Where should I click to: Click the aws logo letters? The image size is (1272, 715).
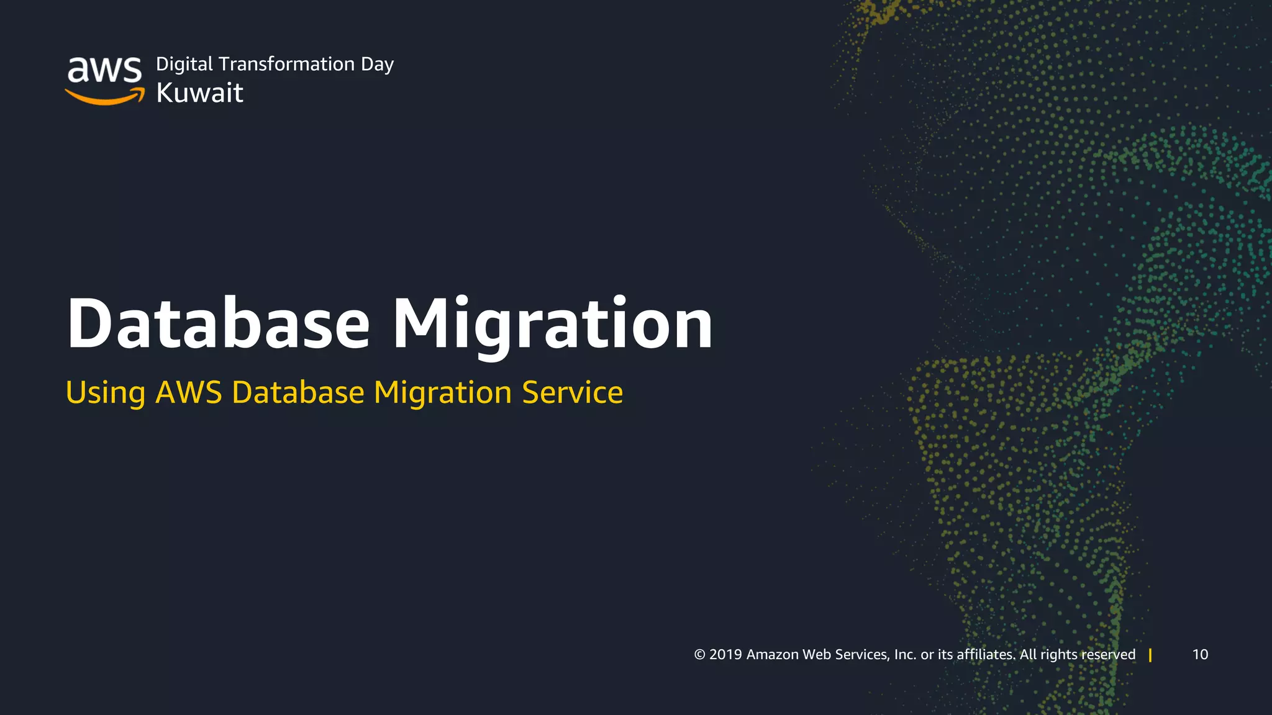(104, 70)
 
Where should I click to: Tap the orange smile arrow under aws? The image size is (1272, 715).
(104, 97)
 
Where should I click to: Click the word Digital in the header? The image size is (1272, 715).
(184, 65)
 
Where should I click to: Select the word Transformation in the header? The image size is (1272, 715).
(286, 64)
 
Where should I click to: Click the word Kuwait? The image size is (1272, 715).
(199, 92)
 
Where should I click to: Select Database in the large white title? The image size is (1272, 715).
(219, 324)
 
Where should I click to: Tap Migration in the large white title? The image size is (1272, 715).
(553, 324)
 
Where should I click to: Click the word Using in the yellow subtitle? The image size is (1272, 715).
(106, 393)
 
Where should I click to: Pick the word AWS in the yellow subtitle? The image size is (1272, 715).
(188, 392)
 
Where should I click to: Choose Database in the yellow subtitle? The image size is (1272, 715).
(298, 392)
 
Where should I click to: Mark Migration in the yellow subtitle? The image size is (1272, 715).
(443, 392)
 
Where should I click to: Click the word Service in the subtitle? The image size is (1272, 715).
(572, 392)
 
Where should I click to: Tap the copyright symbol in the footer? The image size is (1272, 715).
(699, 655)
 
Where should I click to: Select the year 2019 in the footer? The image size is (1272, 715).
(725, 655)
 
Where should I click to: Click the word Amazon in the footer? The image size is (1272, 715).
(772, 655)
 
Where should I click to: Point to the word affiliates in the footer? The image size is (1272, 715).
(986, 655)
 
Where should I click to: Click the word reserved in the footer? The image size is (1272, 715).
(1108, 655)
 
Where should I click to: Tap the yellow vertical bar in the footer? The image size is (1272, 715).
(1150, 655)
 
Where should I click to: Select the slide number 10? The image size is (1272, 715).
(1200, 655)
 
